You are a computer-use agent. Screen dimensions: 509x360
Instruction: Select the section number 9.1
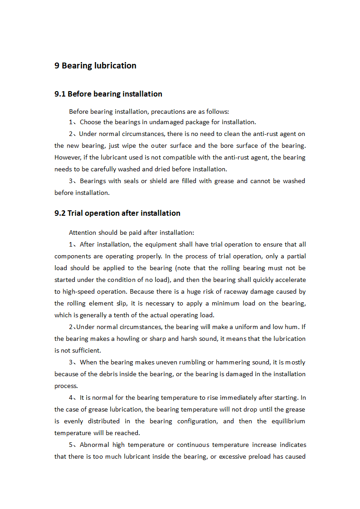coord(60,94)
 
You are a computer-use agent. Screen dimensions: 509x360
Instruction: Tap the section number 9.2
coord(60,213)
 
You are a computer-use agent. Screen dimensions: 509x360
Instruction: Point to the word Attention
coord(84,233)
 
